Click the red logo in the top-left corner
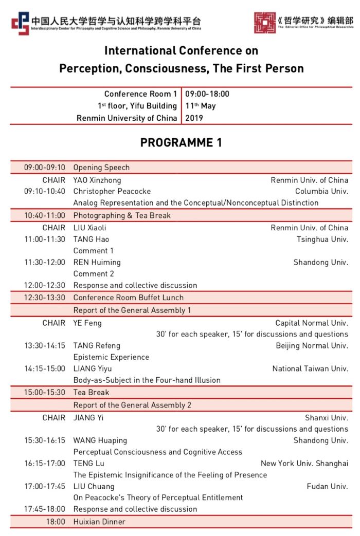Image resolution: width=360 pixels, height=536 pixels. pyautogui.click(x=21, y=23)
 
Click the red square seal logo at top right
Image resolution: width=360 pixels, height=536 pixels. pyautogui.click(x=264, y=23)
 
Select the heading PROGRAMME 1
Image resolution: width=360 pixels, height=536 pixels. pyautogui.click(x=181, y=143)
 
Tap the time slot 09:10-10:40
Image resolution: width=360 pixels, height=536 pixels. pyautogui.click(x=45, y=191)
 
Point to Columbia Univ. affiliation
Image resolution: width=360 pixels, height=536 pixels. pyautogui.click(x=321, y=191)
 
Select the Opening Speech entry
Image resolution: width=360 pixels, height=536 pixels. pyautogui.click(x=101, y=168)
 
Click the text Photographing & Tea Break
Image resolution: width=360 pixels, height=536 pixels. pyautogui.click(x=122, y=216)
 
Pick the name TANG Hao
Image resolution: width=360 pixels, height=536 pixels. pyautogui.click(x=91, y=239)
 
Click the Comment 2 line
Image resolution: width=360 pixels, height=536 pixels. pyautogui.click(x=94, y=274)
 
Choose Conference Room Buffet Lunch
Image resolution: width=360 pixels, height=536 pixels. pyautogui.click(x=128, y=298)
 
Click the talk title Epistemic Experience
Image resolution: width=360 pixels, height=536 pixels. pyautogui.click(x=111, y=357)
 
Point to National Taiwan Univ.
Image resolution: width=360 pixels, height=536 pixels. pyautogui.click(x=310, y=368)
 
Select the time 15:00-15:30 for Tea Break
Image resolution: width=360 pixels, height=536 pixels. pyautogui.click(x=45, y=393)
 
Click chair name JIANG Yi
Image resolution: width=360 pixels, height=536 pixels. pyautogui.click(x=88, y=418)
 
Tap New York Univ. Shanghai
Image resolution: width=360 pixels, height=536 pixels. pyautogui.click(x=304, y=464)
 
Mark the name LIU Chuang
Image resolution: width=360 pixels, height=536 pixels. pyautogui.click(x=94, y=486)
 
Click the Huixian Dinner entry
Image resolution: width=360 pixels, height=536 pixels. pyautogui.click(x=99, y=522)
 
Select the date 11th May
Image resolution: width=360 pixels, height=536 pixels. pyautogui.click(x=200, y=106)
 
